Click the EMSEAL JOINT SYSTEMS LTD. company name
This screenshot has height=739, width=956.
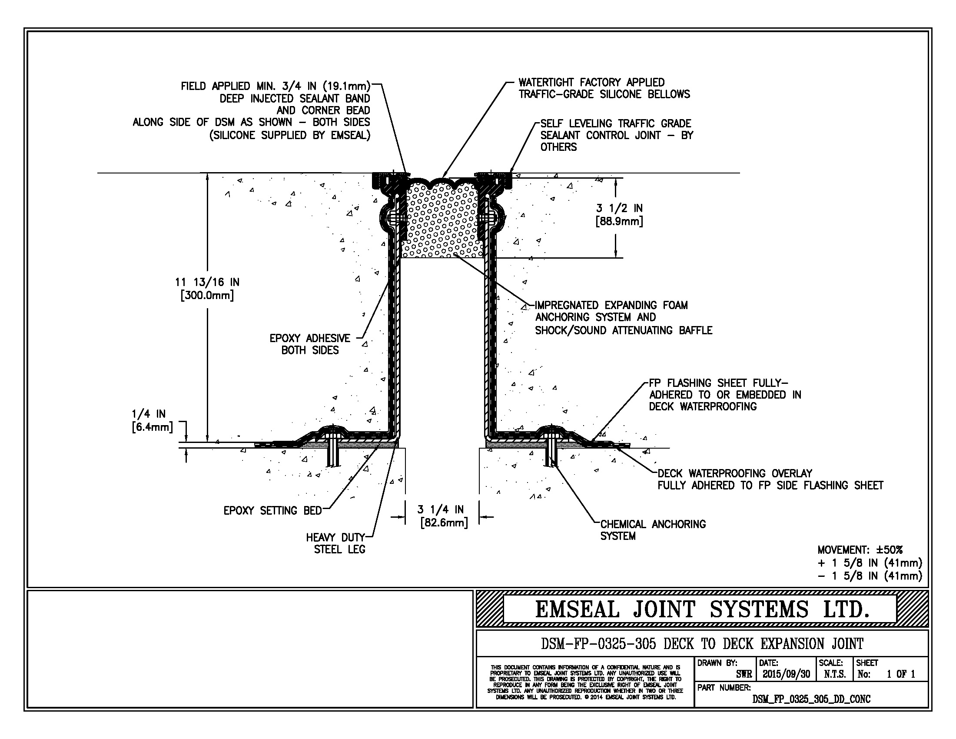click(x=702, y=609)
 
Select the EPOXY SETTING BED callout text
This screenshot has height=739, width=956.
click(x=272, y=510)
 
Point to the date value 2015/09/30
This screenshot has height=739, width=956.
click(x=786, y=674)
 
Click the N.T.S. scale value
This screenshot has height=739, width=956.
click(x=834, y=674)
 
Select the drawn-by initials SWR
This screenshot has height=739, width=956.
click(x=744, y=674)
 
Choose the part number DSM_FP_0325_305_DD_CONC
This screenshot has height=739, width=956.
click(x=811, y=699)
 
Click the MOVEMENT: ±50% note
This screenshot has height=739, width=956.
click(x=860, y=550)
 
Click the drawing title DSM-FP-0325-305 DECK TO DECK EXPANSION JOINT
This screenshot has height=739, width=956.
click(x=702, y=643)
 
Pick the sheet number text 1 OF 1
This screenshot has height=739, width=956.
click(x=901, y=674)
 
